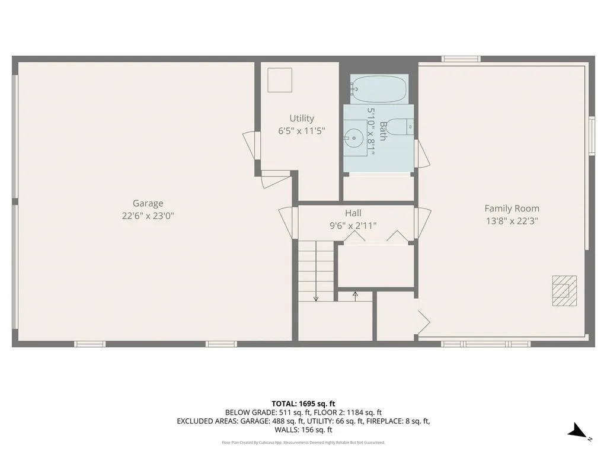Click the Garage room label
pos(148,203)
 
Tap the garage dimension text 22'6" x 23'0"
pos(148,216)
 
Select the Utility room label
pos(302,118)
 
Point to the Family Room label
pos(512,209)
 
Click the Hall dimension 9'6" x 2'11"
pos(353,225)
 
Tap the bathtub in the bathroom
pos(379,89)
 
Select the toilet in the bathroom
pos(403,126)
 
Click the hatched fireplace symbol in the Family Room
pos(564,290)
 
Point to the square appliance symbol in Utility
pos(280,80)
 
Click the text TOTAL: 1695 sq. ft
pos(303,403)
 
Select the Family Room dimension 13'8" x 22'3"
pos(512,221)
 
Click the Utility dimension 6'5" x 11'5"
pos(302,131)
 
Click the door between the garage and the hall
pos(288,222)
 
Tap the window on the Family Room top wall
pos(461,59)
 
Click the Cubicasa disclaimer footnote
pos(303,442)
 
